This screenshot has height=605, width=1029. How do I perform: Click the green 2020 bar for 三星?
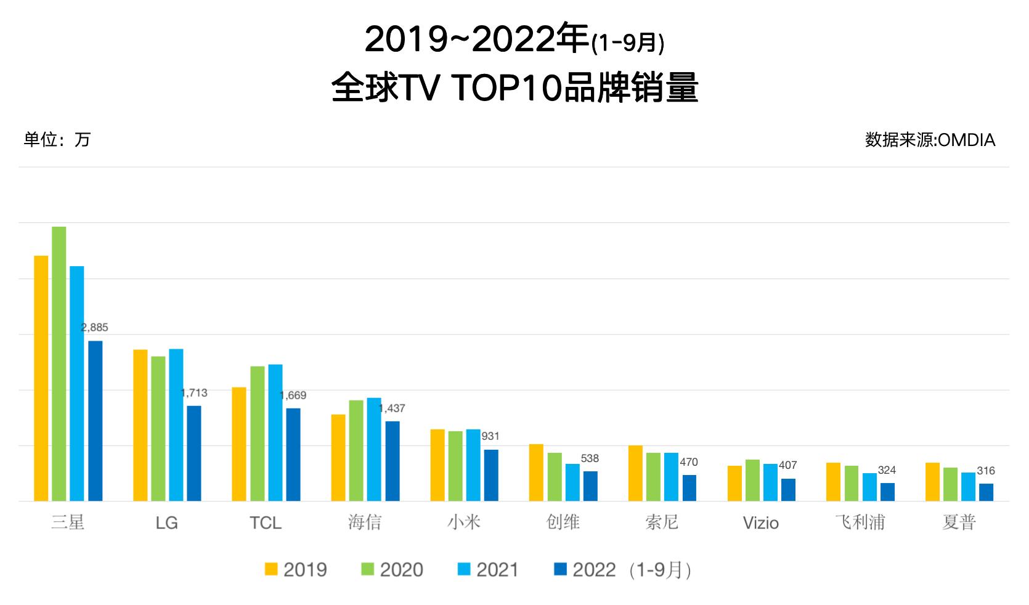(59, 363)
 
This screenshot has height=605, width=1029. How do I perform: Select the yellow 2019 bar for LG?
(140, 425)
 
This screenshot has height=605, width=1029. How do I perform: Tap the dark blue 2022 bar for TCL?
(293, 455)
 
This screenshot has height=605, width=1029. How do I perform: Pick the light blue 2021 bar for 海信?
(374, 449)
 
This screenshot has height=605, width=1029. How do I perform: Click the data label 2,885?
(95, 328)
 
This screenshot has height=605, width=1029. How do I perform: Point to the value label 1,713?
(194, 393)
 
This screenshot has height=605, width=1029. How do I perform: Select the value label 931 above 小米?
(490, 436)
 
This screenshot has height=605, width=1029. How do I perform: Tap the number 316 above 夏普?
(986, 471)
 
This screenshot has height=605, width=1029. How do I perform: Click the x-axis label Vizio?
(761, 523)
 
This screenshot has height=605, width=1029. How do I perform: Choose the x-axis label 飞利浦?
(860, 522)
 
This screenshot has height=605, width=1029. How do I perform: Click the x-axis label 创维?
(563, 522)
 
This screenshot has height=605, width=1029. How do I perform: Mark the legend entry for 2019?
(296, 569)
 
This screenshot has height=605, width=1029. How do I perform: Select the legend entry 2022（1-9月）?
(624, 569)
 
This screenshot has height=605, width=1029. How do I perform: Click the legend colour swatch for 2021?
(465, 569)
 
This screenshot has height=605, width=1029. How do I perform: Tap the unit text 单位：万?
(57, 140)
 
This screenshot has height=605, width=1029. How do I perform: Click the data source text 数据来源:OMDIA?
(930, 140)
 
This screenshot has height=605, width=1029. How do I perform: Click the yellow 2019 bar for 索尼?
(635, 473)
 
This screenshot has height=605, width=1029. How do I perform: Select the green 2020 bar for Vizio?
(752, 480)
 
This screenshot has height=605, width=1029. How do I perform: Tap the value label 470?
(688, 462)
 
